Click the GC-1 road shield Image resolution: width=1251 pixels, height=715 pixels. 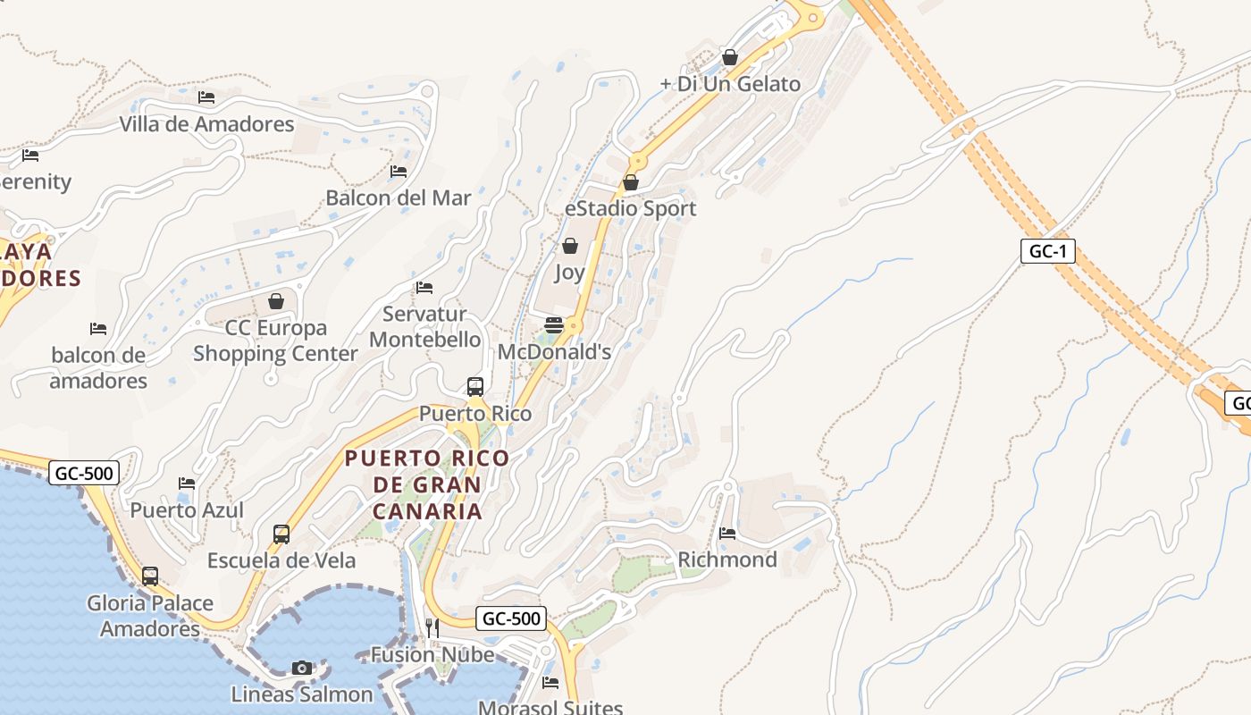tap(1047, 251)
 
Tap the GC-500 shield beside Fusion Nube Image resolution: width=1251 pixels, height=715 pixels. tap(510, 618)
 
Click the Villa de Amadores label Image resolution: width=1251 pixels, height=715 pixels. tap(207, 123)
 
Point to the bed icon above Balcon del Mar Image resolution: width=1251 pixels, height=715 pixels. tap(399, 171)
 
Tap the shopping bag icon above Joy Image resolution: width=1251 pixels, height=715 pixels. tap(570, 245)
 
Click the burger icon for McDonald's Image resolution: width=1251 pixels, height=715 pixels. tap(554, 324)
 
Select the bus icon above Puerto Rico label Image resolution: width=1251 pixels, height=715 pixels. tap(475, 387)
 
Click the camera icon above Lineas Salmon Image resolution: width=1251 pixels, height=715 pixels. tap(302, 668)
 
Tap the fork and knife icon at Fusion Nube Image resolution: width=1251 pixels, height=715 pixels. tap(432, 628)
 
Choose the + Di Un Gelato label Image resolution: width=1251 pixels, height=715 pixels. tap(730, 84)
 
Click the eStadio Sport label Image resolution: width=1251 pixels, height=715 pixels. tap(630, 208)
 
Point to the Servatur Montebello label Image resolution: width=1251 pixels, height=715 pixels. tap(424, 326)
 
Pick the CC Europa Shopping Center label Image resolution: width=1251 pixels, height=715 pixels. tap(275, 341)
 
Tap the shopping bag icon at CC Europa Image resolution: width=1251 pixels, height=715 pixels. tap(276, 301)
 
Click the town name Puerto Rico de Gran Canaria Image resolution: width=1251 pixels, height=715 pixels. tap(427, 484)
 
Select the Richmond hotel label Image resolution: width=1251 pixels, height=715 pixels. tap(727, 559)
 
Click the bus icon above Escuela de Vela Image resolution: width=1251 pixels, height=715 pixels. tap(281, 534)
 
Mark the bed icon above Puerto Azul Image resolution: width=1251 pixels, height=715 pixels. tap(187, 484)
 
